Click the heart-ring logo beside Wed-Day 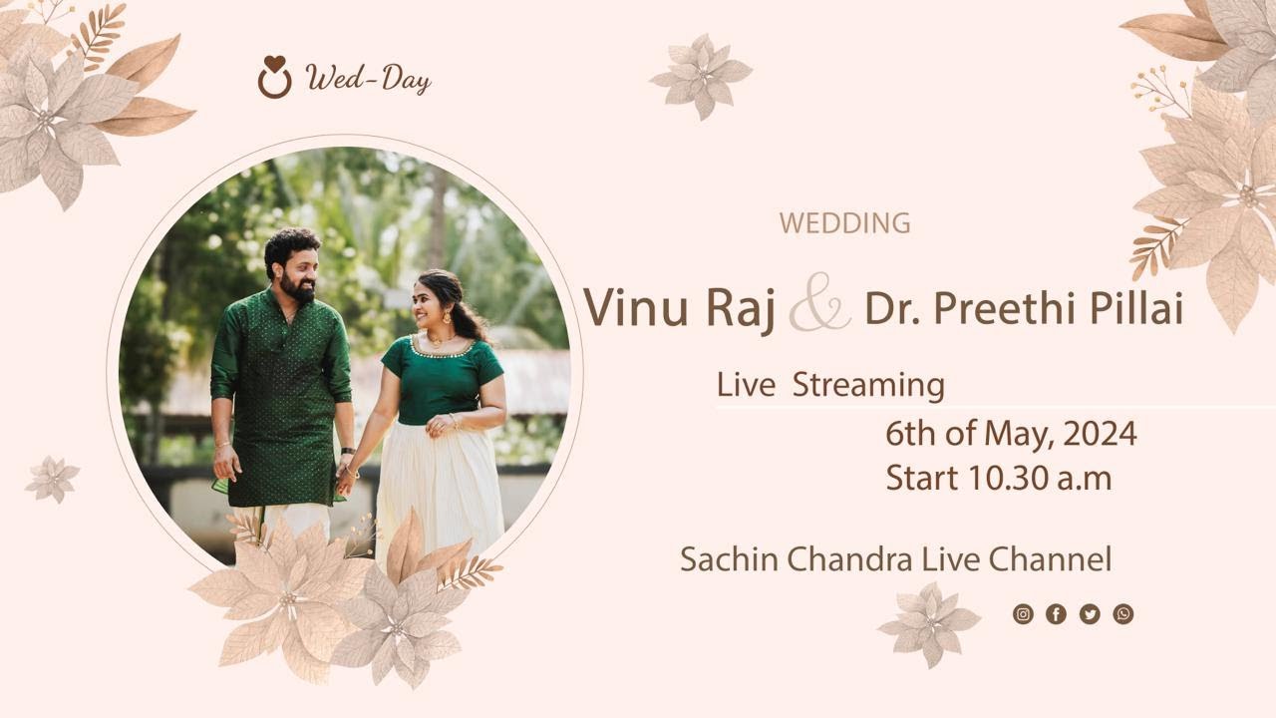click(274, 78)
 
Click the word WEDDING click(844, 223)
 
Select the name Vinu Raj click(679, 307)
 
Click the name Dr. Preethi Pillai click(1023, 309)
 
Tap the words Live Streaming click(830, 385)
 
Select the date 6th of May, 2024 click(1011, 434)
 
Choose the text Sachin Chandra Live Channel click(895, 559)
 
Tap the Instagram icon click(1023, 614)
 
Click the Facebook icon click(1056, 614)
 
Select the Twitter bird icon click(1090, 614)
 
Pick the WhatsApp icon click(1123, 614)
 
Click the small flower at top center click(701, 75)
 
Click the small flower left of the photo click(51, 479)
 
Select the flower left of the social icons click(928, 623)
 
